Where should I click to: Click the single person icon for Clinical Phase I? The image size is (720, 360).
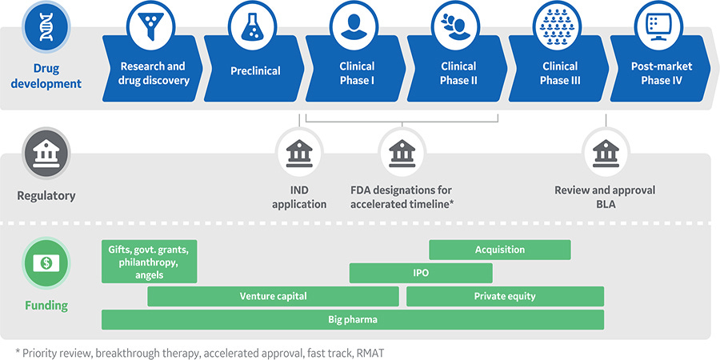tap(356, 26)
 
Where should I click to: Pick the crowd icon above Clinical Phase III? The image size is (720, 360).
tap(559, 26)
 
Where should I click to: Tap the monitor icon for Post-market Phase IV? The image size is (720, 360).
tap(660, 26)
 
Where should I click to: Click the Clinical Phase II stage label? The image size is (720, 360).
tap(458, 73)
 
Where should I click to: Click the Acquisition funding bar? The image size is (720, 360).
tap(499, 250)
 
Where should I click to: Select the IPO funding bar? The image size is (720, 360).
tap(421, 273)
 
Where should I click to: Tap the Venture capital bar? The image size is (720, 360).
tap(273, 296)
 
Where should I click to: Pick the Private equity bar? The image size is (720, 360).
tap(505, 296)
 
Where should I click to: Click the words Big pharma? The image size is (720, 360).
tap(352, 319)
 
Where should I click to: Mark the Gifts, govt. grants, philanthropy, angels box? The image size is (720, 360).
tap(149, 261)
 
